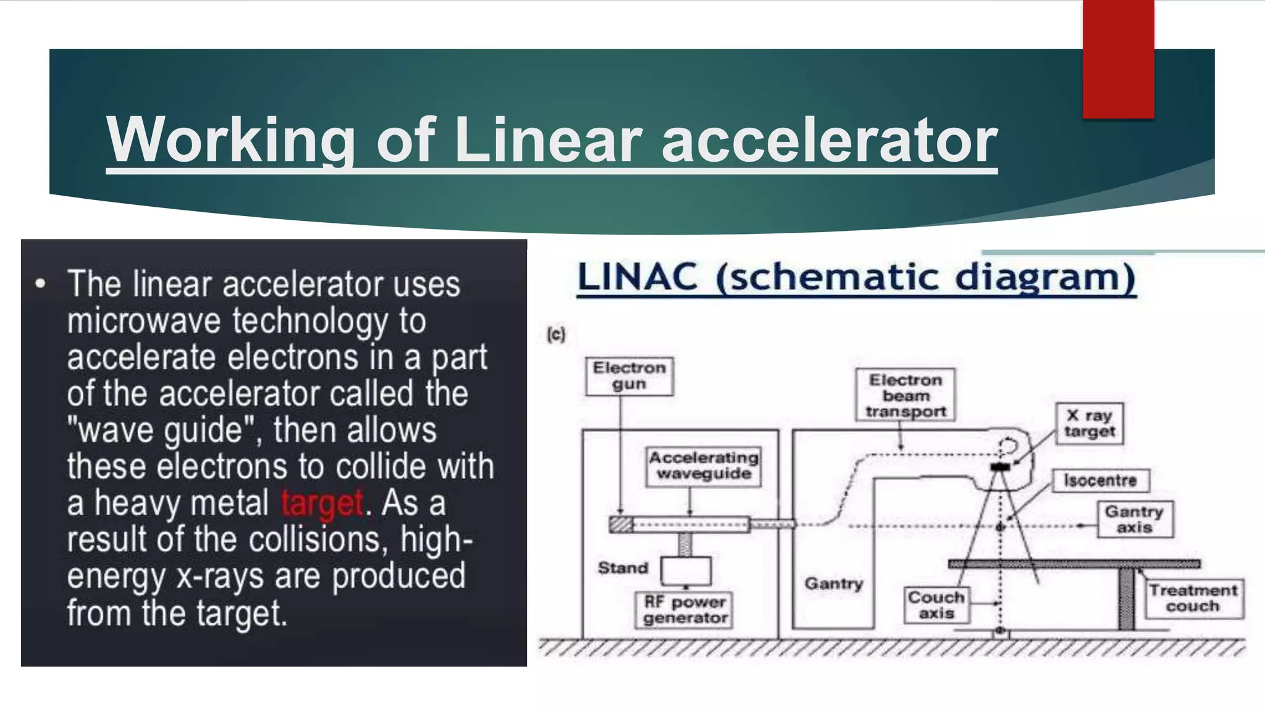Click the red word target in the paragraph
tap(322, 503)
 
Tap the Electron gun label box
tap(629, 376)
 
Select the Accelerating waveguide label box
tap(704, 466)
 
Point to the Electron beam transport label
tap(906, 395)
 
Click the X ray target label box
tap(1090, 423)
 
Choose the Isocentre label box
tap(1100, 480)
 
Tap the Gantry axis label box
tap(1135, 519)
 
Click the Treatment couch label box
tap(1193, 598)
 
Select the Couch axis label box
tap(936, 605)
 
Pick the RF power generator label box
tap(685, 610)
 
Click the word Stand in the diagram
tap(623, 568)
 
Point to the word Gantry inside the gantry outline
tap(833, 583)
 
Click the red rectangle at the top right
tap(1118, 59)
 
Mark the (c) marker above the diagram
tap(556, 335)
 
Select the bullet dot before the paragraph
tap(41, 285)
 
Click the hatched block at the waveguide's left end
tap(621, 525)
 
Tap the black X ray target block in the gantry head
tap(1000, 467)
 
